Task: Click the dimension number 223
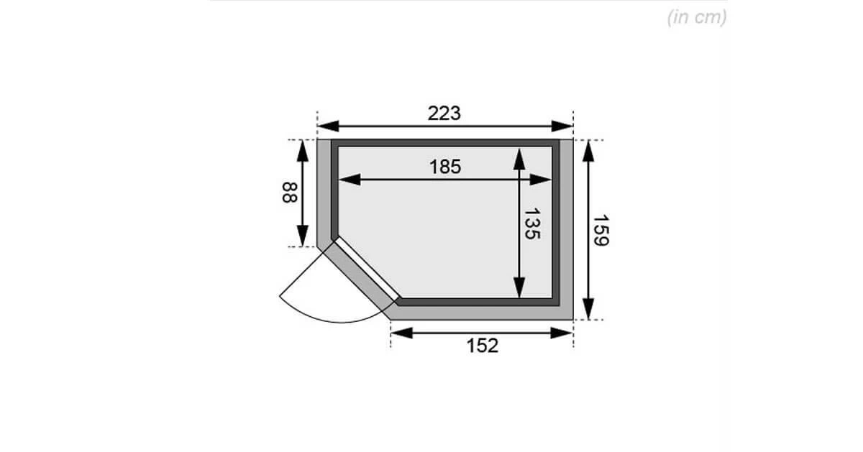tap(444, 114)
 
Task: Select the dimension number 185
tap(445, 167)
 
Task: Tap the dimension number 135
tap(532, 224)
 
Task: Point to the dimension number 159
tap(601, 230)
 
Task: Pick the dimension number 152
tap(483, 346)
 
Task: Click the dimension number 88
tap(290, 193)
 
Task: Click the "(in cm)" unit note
tap(697, 17)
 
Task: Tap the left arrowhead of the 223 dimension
tap(328, 126)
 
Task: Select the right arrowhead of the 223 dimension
tap(562, 126)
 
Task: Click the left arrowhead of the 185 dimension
tap(350, 180)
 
